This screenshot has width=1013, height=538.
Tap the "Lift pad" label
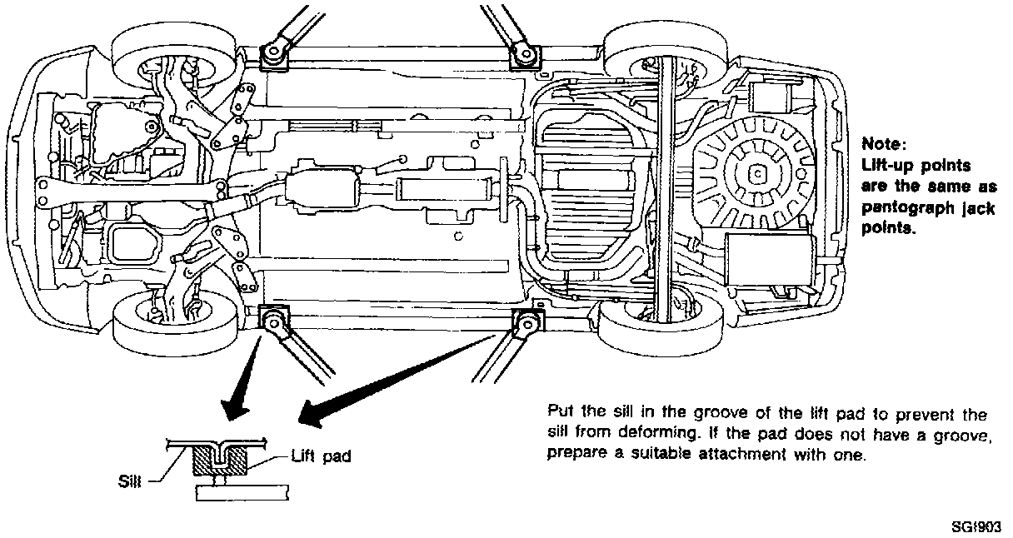pyautogui.click(x=322, y=456)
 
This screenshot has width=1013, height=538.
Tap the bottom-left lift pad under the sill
pyautogui.click(x=273, y=318)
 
